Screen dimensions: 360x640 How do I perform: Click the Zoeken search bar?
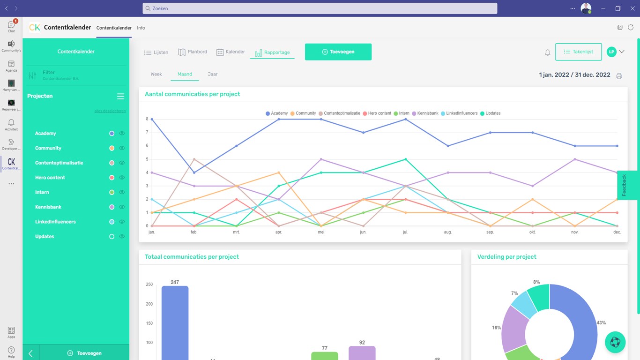(320, 8)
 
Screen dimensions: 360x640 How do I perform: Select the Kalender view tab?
(231, 52)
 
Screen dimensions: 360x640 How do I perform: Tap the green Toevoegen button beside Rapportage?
(338, 52)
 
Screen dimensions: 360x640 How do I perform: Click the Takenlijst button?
(578, 52)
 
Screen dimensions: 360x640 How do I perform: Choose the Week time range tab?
(156, 74)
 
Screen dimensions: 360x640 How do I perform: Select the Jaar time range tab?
(212, 74)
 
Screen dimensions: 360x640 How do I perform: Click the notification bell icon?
(547, 52)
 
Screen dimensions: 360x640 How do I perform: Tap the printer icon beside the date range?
(619, 76)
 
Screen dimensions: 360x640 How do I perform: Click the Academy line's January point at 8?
(151, 119)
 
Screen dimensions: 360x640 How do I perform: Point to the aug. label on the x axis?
(448, 232)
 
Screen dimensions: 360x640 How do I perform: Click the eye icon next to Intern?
(122, 192)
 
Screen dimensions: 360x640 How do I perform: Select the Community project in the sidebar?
(48, 148)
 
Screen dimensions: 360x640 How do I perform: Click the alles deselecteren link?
(110, 111)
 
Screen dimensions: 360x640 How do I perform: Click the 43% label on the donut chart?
(601, 322)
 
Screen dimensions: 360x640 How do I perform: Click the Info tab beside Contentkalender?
(141, 28)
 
